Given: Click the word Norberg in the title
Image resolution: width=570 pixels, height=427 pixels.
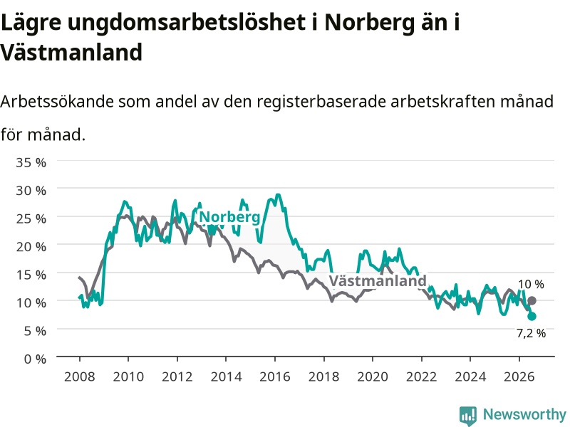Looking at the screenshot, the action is point(369,23).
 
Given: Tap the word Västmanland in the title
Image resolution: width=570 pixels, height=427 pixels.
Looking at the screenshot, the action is point(71,52).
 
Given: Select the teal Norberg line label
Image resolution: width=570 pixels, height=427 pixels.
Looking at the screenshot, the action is point(229,217).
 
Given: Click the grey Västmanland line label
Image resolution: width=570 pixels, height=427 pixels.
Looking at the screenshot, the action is point(378,280).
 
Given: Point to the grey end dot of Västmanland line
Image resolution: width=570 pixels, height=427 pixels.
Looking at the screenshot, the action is point(532,300).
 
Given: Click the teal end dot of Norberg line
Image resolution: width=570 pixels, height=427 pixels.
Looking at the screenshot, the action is point(532,316).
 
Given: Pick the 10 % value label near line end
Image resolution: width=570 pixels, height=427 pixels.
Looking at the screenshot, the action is point(531,284).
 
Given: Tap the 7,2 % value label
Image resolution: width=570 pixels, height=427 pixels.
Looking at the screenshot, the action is point(531,333).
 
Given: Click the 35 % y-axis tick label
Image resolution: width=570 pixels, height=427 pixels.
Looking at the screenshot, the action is point(31,162).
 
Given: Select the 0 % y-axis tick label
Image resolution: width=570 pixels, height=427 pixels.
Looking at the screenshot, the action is point(35,359).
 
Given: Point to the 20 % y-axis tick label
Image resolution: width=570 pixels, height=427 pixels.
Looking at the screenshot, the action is point(31,247).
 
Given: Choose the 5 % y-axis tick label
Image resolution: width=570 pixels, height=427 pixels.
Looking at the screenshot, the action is point(35,331).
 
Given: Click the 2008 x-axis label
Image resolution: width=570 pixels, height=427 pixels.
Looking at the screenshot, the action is point(80,376).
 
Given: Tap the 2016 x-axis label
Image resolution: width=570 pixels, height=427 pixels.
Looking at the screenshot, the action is point(275,376).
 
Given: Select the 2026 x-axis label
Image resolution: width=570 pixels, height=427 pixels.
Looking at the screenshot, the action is point(519,376).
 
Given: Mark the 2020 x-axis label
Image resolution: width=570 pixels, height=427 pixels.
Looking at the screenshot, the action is point(373,376).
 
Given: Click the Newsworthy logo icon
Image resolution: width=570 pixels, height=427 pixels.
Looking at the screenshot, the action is point(468,415).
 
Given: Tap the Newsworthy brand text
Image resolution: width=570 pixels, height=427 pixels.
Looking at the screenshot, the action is point(524,414).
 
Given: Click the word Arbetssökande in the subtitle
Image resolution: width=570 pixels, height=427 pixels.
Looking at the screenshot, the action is point(57,101).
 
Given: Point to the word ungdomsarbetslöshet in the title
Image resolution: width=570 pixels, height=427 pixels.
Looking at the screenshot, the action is point(187,23).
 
